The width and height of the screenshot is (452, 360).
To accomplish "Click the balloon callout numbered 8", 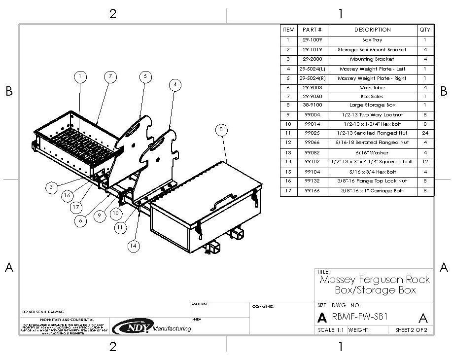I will (221, 130).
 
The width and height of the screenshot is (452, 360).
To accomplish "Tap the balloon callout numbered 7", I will (110, 76).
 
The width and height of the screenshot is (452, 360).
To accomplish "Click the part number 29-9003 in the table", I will (313, 87).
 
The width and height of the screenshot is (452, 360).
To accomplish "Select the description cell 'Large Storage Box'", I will (373, 106).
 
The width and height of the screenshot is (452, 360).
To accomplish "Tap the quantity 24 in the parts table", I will (425, 133).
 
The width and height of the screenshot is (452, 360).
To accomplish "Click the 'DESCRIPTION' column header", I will (373, 30).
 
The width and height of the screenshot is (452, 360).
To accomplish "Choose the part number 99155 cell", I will (313, 190).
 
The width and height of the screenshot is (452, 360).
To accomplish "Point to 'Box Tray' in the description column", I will (373, 40).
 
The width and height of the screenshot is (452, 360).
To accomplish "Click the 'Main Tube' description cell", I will (373, 87).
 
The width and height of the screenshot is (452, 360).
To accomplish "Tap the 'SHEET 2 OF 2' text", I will (408, 330).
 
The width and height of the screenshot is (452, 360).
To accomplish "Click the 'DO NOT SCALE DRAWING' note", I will (43, 312).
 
